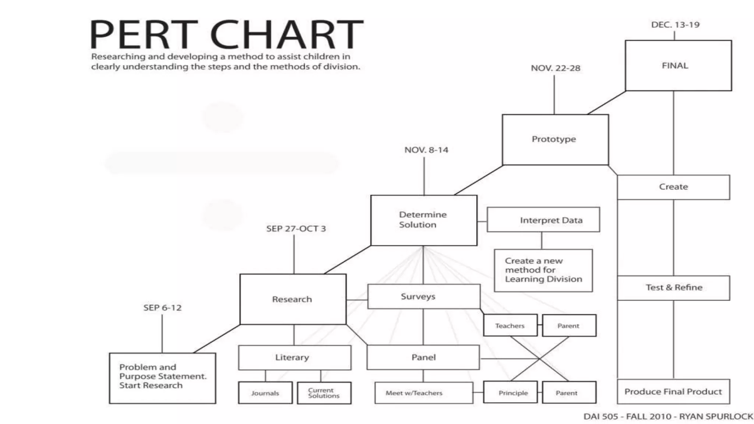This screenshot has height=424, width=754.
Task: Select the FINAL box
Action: point(678,66)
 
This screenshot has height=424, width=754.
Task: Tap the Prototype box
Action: point(555,139)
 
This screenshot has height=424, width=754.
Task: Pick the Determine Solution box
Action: point(424,220)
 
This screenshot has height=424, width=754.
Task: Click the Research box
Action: point(293,299)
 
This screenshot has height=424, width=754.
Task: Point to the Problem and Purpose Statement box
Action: point(162,378)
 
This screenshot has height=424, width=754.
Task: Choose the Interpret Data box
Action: point(543,220)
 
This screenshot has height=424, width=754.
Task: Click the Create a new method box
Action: point(543,271)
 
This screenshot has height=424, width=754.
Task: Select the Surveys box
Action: point(423,296)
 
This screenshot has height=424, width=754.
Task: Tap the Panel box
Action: point(423,357)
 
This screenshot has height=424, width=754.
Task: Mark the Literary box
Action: point(295,357)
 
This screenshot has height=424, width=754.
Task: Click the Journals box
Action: point(265,393)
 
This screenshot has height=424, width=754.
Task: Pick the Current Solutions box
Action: point(324,393)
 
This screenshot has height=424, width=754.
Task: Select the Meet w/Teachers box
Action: point(423,393)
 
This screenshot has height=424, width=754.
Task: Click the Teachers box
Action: point(510,326)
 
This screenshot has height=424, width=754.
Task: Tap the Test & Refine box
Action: point(673,288)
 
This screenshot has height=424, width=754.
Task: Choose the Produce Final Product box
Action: point(673,392)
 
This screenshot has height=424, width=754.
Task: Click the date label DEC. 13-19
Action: point(675,25)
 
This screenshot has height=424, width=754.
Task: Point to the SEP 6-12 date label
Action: point(162,308)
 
